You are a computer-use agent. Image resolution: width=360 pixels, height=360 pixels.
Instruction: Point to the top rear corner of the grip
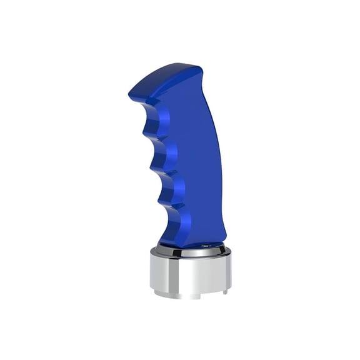tap(199, 67)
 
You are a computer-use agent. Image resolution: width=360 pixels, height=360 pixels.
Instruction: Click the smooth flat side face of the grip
tap(187, 156)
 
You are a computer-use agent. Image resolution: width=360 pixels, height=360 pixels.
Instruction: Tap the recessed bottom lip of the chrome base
tap(187, 296)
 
